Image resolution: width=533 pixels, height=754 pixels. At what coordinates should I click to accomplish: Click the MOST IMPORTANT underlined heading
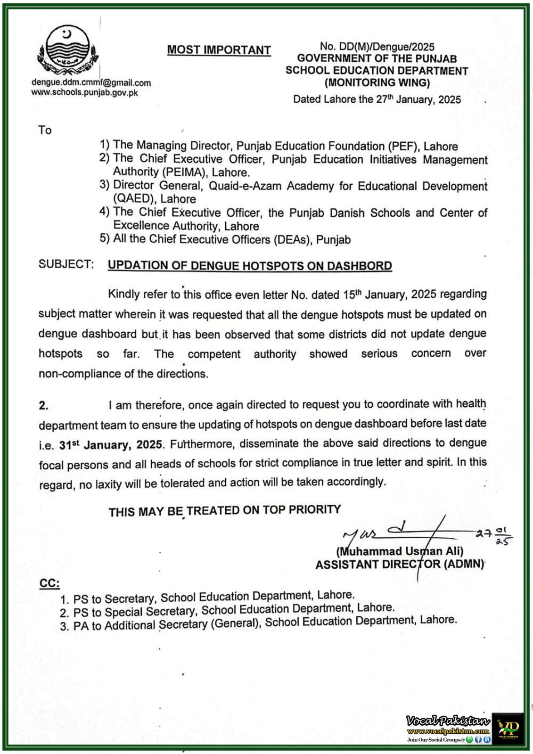(219, 50)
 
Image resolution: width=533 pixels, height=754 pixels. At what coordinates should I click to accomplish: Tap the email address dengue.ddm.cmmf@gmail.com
(91, 83)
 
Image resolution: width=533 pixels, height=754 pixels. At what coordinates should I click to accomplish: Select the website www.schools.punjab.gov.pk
(85, 92)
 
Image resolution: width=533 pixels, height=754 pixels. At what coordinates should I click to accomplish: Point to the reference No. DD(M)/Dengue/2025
(377, 47)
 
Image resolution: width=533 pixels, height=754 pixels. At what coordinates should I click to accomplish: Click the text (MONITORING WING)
(377, 83)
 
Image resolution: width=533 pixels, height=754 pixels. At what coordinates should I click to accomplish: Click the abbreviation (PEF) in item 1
(403, 147)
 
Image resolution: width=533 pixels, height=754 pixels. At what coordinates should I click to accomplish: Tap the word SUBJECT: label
(66, 264)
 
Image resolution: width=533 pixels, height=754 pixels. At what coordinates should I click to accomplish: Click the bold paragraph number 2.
(43, 406)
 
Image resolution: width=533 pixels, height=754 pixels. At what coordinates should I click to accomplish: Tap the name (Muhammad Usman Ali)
(399, 551)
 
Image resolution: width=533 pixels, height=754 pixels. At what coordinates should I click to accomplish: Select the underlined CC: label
(49, 583)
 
